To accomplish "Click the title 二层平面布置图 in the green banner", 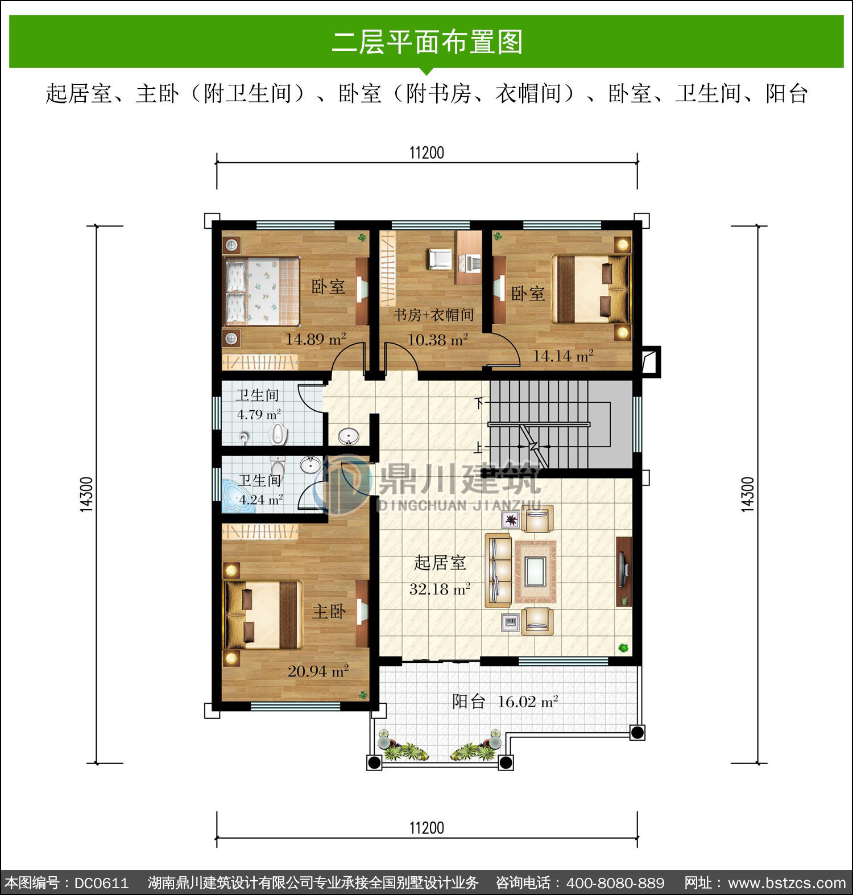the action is (x=427, y=42).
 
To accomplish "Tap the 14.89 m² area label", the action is (x=316, y=339).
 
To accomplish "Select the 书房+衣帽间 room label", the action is (x=434, y=315).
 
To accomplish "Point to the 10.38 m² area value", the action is (x=437, y=340).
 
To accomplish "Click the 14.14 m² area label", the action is (x=563, y=356).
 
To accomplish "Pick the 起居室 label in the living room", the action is (x=440, y=563).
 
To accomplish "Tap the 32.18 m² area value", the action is (x=440, y=589).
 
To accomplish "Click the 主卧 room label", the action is (x=329, y=612).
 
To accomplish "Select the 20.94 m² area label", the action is (x=318, y=671).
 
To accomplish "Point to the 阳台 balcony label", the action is (x=469, y=702).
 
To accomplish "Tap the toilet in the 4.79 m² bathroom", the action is (x=278, y=434).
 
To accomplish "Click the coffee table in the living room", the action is (x=535, y=572).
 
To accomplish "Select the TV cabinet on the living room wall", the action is (x=624, y=571).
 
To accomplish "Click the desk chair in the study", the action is (x=438, y=259).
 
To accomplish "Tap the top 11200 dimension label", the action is (x=426, y=152).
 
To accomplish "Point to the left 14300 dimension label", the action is (x=86, y=494).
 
